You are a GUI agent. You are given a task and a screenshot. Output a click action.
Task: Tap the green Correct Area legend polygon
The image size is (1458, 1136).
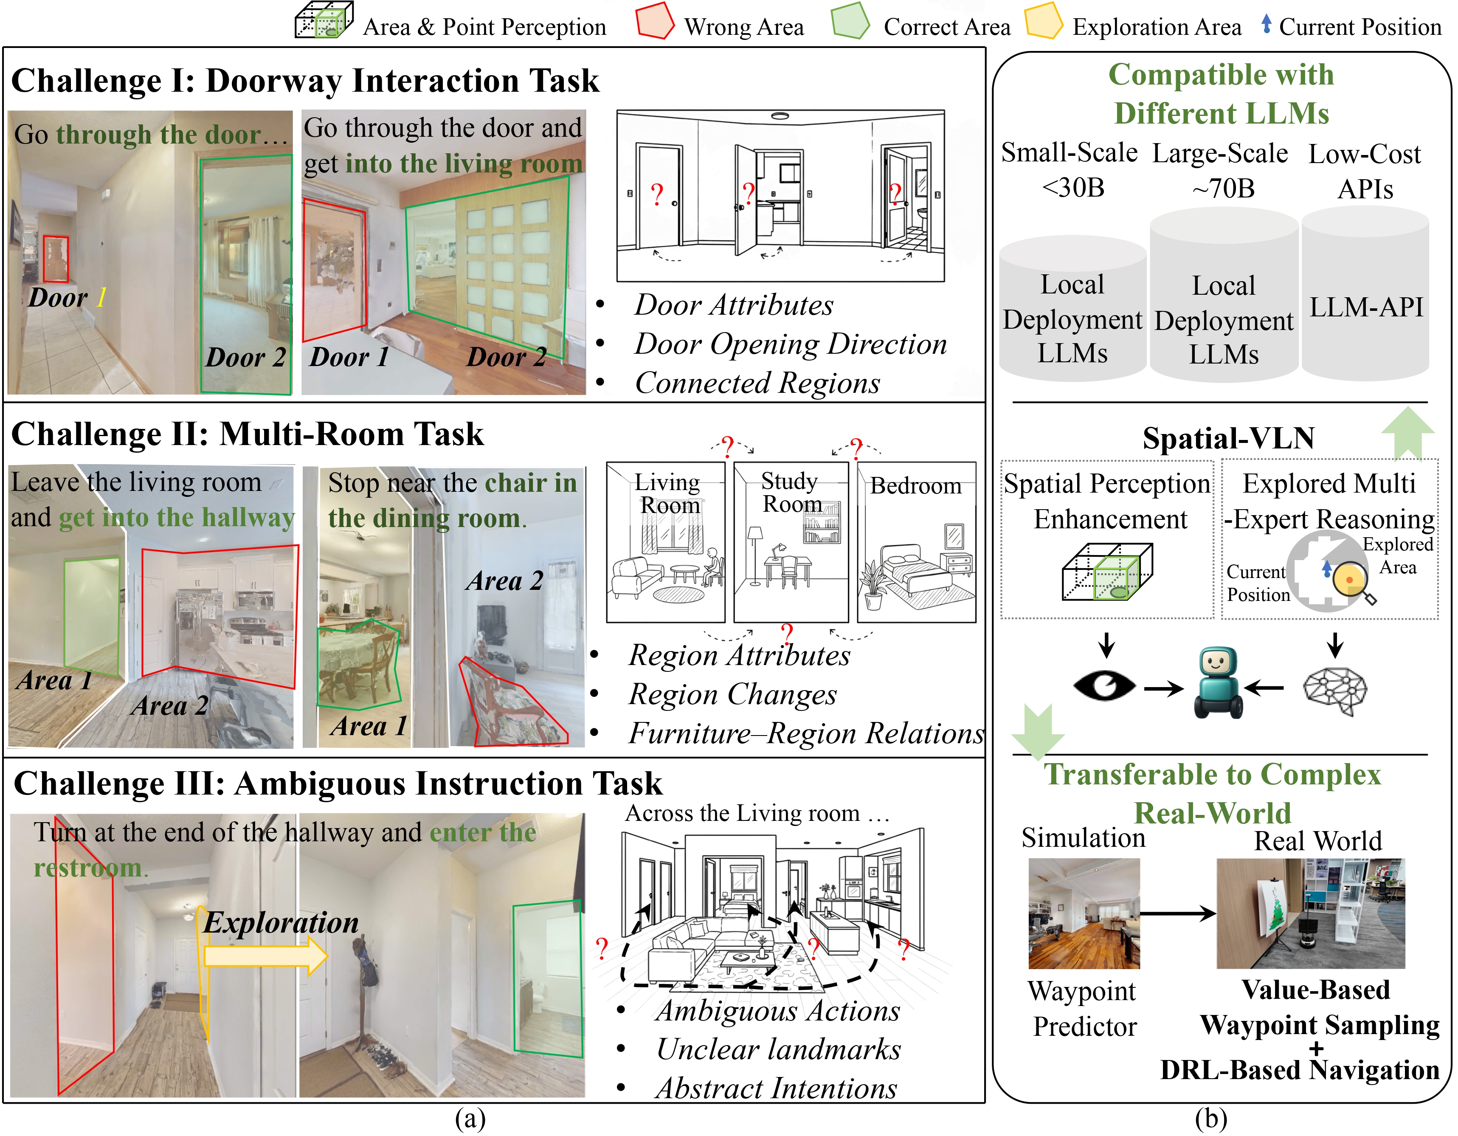click(x=850, y=21)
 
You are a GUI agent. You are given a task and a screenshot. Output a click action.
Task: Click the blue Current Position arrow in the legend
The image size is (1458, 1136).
click(x=1266, y=24)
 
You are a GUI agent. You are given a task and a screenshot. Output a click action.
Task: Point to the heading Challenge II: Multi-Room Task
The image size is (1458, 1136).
click(x=247, y=434)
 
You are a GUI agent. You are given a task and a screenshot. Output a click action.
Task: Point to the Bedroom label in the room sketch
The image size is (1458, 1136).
click(x=915, y=486)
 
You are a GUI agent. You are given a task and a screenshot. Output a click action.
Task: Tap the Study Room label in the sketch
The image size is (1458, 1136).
click(x=791, y=492)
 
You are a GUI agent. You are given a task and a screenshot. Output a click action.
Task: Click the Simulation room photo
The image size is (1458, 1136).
click(x=1084, y=913)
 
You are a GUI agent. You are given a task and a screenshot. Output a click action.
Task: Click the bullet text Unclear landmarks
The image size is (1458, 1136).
click(x=778, y=1049)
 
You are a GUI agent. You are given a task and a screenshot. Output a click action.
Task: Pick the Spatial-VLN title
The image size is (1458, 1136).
click(x=1228, y=439)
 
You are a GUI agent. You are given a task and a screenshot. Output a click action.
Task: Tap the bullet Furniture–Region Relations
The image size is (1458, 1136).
click(x=806, y=733)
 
